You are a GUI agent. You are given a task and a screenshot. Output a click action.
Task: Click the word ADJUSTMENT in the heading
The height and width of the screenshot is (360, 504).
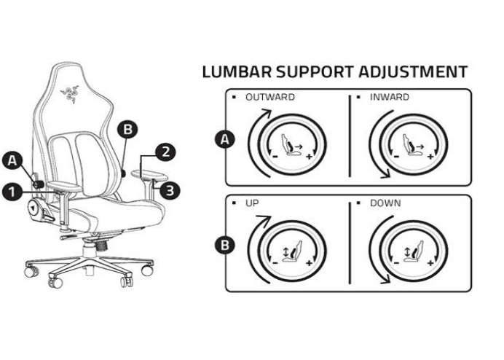click(412, 71)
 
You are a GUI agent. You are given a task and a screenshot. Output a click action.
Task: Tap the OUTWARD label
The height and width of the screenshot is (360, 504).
click(270, 97)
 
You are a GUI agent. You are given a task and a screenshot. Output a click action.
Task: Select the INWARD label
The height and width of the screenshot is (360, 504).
click(390, 97)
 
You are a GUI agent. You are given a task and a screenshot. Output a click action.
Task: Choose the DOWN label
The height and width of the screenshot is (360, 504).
click(386, 203)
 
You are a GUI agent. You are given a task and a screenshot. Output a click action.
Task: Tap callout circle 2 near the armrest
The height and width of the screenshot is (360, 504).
click(167, 152)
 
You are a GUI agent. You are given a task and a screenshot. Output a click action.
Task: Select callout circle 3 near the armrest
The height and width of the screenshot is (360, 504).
click(169, 190)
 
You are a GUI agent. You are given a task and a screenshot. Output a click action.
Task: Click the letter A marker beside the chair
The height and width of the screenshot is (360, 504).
click(12, 158)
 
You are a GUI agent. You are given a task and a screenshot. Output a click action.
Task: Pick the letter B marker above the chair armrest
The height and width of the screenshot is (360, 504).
click(128, 130)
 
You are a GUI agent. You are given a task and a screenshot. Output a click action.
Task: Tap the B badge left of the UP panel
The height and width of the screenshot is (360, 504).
click(227, 244)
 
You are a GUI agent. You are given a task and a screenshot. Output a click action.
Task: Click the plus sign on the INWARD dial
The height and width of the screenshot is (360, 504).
click(430, 157)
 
